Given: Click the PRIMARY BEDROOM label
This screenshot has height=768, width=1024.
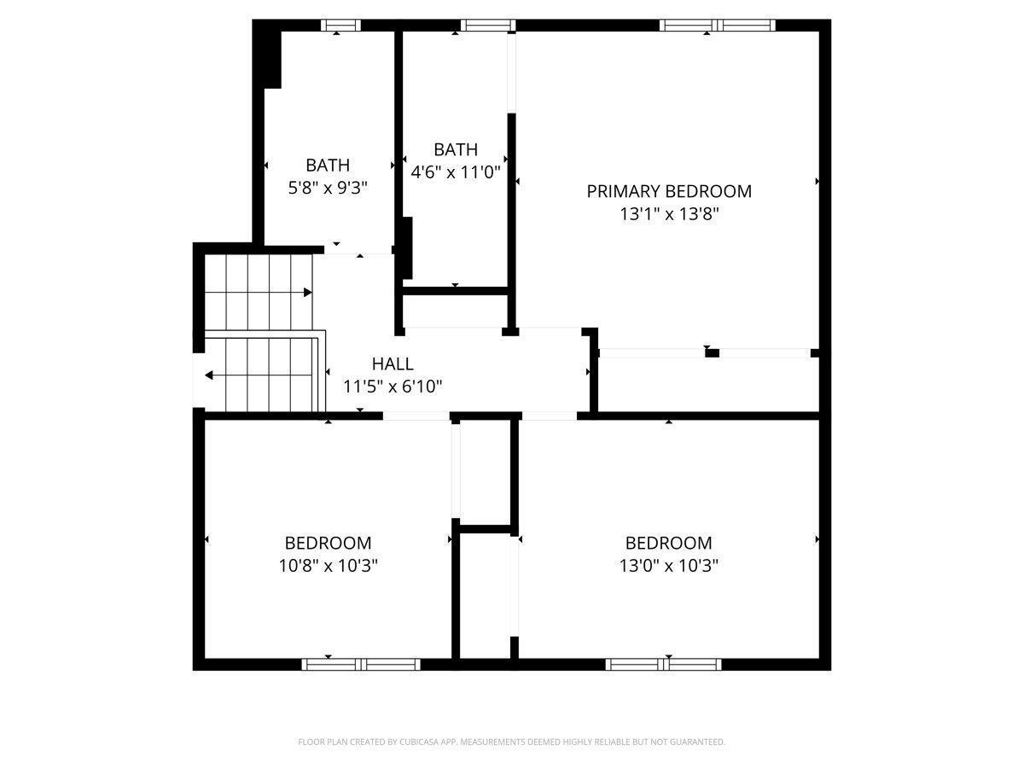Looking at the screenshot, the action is click(668, 191).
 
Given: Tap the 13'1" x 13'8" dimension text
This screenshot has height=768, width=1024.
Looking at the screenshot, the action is click(668, 214).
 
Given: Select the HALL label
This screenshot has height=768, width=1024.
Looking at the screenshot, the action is click(393, 364).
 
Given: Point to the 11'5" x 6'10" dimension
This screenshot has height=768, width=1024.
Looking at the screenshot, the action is click(393, 387).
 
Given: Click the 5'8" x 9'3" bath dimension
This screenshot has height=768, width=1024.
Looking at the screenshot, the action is click(328, 188).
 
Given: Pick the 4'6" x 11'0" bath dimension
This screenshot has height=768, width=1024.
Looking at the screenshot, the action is click(456, 172).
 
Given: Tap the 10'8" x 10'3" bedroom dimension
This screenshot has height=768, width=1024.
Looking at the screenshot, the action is click(328, 566).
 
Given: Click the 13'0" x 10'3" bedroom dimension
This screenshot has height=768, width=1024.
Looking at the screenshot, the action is click(668, 566).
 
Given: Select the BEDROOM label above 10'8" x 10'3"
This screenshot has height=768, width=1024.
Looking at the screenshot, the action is click(328, 543).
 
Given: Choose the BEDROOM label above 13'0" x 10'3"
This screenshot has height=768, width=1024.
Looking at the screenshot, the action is click(668, 543).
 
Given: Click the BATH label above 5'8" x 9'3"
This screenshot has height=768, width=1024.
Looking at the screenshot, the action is click(328, 165).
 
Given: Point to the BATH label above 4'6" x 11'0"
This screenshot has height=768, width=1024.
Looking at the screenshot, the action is click(456, 149).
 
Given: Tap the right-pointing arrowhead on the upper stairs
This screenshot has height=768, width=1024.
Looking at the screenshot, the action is click(307, 293).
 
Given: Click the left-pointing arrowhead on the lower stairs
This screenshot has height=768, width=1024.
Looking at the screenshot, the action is click(209, 375).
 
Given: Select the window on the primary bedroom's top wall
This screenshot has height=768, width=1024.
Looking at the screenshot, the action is click(717, 26).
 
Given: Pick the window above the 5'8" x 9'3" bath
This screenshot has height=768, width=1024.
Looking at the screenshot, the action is click(341, 26).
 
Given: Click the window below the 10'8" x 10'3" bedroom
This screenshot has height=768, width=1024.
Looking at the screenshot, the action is click(361, 664).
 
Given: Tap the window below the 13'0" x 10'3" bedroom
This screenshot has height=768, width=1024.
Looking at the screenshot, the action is click(663, 664).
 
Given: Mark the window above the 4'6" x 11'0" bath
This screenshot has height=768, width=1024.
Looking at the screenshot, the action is click(488, 26).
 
